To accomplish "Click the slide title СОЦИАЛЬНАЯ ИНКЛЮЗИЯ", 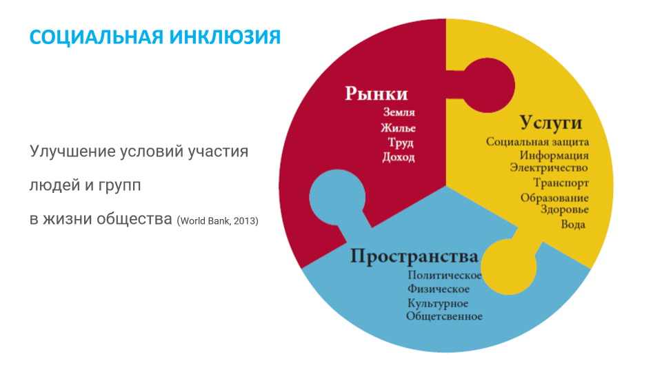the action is [155, 37].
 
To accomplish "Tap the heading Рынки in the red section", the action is [377, 94].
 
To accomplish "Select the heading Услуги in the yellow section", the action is [550, 123].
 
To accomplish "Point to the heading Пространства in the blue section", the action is [414, 256].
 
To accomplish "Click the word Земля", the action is [399, 112].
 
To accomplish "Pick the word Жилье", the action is [398, 127].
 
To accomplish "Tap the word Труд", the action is [401, 143].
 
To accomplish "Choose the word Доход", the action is [399, 157].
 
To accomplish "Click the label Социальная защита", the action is [537, 142].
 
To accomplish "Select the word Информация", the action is [554, 156].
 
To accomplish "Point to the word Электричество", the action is [549, 168].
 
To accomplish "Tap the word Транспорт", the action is [561, 183].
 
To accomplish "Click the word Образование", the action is [554, 198].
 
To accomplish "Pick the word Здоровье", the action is [565, 209].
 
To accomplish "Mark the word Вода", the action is [573, 225].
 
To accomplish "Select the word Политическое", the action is [445, 276].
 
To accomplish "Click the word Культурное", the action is [438, 303].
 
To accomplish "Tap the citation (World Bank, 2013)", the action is [217, 221].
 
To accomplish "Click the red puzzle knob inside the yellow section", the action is [488, 85].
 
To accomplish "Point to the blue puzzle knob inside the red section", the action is [337, 198].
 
